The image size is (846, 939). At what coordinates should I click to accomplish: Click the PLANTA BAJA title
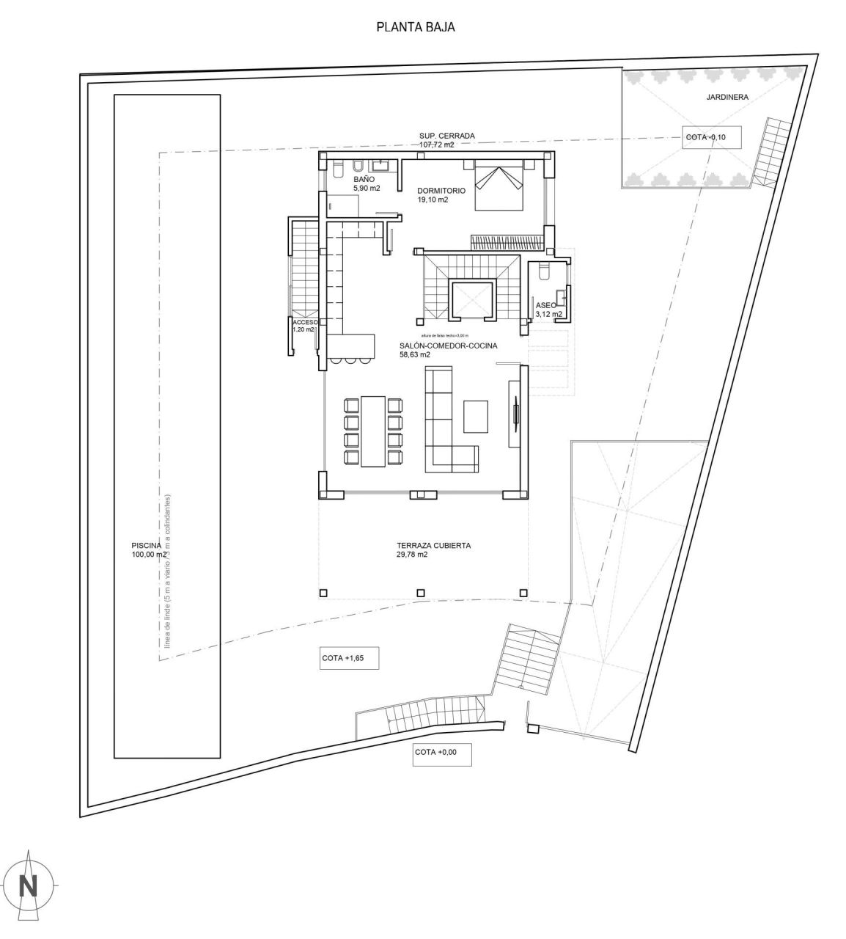416,27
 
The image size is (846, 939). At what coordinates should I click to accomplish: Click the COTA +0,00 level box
441,753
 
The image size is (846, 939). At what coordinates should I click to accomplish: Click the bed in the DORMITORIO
500,186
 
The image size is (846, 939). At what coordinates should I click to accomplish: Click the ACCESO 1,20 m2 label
304,326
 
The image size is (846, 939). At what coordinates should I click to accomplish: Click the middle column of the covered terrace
420,593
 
